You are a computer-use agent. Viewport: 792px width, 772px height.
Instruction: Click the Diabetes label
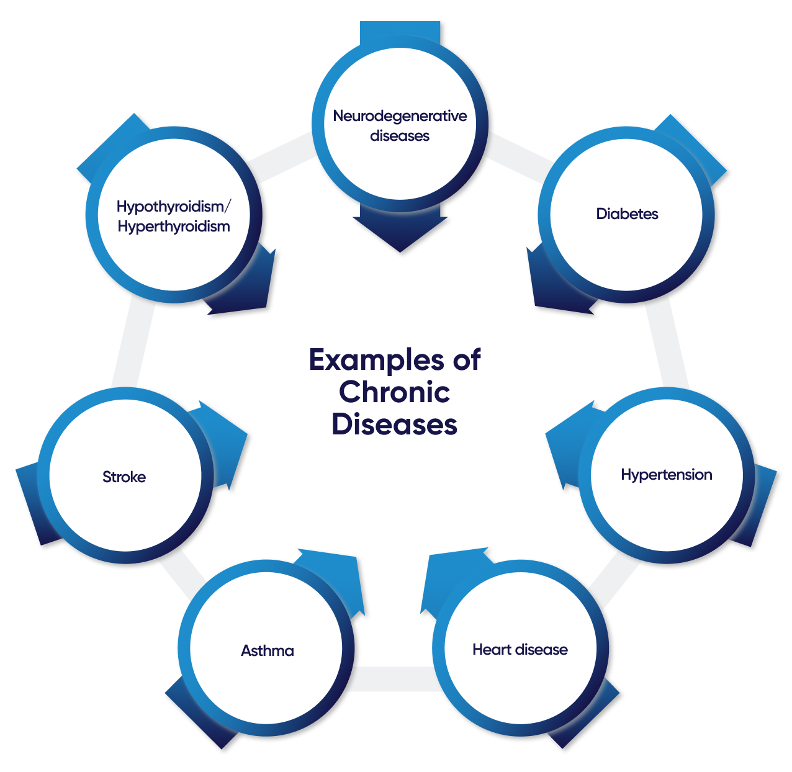pos(627,214)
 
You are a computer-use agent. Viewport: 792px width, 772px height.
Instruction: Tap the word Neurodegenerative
pos(400,116)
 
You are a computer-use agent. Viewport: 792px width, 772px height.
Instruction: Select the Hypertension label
pos(666,475)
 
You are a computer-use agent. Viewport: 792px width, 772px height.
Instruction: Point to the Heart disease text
pos(520,650)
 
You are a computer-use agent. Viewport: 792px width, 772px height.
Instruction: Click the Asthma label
pos(268,651)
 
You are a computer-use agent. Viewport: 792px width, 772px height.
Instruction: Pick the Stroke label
pos(124,477)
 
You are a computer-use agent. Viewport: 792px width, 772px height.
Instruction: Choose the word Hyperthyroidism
pos(174,227)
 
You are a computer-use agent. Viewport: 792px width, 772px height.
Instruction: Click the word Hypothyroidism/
pos(174,206)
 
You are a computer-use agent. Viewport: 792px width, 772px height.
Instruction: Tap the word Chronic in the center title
pos(395,392)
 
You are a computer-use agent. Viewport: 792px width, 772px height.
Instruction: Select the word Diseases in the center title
pos(395,424)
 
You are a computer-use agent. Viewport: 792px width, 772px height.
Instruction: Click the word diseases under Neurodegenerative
pos(400,136)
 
